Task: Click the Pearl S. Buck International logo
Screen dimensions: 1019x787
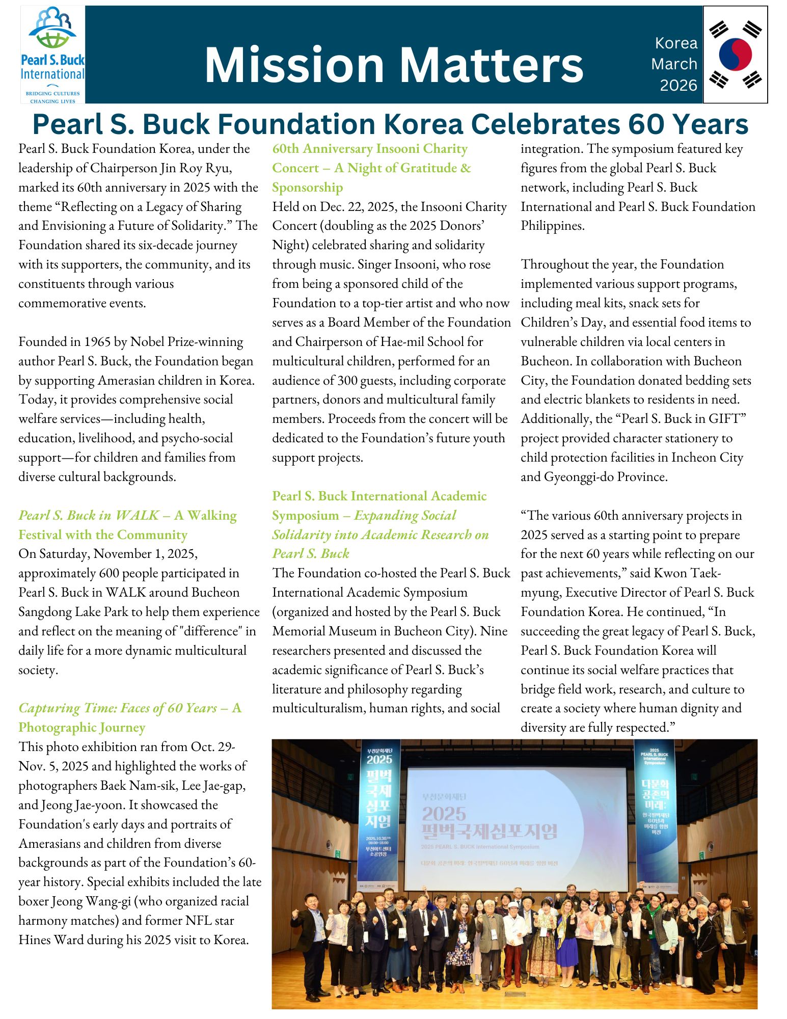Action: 52,55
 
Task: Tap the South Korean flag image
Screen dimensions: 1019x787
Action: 735,55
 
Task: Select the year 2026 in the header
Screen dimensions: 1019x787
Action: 678,85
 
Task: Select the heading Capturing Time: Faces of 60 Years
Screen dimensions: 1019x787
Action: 117,708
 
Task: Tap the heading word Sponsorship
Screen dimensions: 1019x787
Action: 307,187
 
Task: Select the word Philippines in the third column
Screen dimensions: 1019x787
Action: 552,226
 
